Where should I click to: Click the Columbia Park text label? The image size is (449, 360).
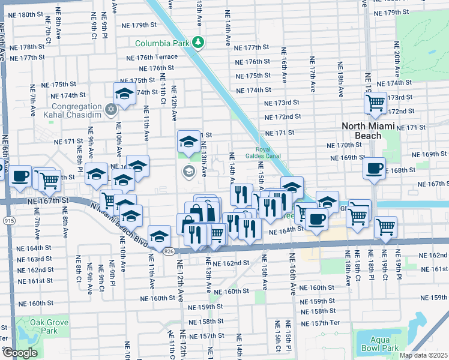tap(160, 43)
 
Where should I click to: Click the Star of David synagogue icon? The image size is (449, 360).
tap(110, 109)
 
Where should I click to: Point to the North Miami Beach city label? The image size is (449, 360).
tap(370, 131)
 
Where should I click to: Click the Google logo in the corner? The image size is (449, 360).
tap(19, 353)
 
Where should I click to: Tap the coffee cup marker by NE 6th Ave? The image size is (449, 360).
tap(20, 175)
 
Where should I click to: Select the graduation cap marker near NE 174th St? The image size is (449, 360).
tap(124, 93)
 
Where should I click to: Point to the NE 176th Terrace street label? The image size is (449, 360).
tap(152, 57)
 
